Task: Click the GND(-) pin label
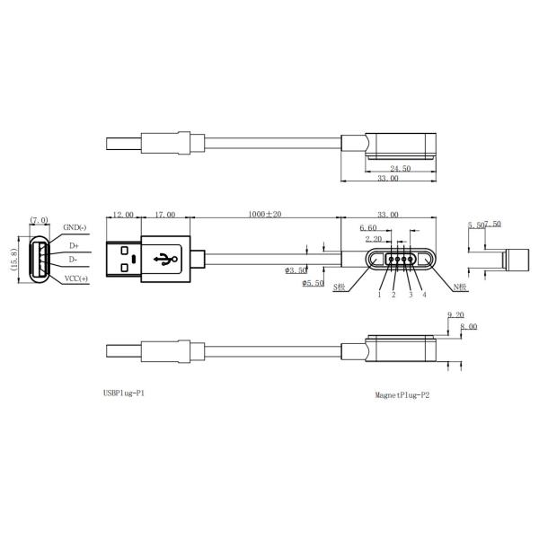pos(75,227)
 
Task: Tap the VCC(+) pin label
pos(75,278)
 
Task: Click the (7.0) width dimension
pos(39,220)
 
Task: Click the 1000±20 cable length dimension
pos(265,216)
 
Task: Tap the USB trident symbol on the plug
pos(163,260)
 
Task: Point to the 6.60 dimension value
pos(367,229)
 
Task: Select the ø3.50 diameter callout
pos(296,269)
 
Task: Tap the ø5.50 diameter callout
pos(311,284)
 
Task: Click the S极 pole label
pos(340,287)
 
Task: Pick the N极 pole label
pos(462,287)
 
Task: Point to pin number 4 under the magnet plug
pos(424,295)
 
